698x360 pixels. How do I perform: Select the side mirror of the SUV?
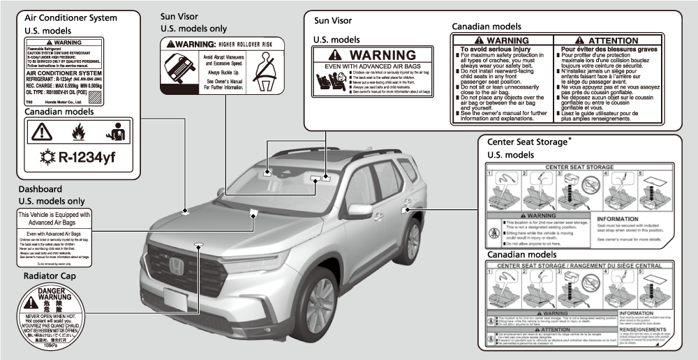point(359,209)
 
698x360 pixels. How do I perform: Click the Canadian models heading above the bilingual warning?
point(486,27)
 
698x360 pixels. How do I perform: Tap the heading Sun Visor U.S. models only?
point(193,22)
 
